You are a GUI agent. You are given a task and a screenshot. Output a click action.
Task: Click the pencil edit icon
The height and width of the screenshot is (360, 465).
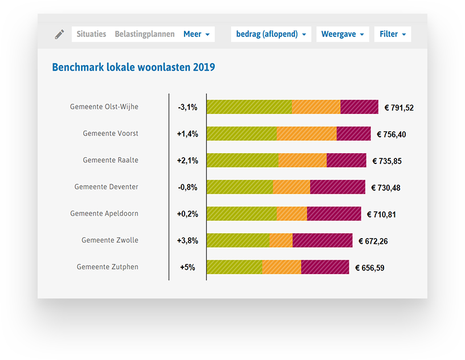[x=59, y=34]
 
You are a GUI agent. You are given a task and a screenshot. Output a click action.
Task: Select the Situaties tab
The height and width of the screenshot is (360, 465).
[x=91, y=34]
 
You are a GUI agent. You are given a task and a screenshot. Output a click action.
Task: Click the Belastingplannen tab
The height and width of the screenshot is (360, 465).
[x=145, y=34]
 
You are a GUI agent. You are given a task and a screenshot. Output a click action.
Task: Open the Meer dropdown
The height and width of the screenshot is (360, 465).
[x=196, y=34]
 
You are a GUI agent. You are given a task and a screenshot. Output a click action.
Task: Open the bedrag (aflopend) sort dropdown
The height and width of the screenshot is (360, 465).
[x=271, y=34]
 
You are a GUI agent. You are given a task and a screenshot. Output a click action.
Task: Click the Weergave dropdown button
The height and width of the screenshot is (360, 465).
[x=342, y=34]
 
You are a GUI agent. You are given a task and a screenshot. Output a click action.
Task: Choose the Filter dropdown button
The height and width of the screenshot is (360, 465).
[x=393, y=34]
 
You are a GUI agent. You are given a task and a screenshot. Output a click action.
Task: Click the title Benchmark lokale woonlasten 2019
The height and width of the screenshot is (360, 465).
[x=133, y=67]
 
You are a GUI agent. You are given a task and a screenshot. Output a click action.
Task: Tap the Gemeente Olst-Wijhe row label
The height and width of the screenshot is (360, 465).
[x=104, y=107]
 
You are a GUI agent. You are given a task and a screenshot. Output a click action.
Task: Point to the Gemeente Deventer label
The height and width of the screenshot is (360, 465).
[x=107, y=187]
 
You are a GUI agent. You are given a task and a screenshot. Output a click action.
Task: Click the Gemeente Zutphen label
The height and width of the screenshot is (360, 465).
[x=108, y=267]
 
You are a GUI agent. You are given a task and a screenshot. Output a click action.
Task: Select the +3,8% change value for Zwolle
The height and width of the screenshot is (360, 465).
[x=187, y=240]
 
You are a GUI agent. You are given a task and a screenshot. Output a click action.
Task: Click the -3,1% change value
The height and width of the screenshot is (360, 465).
[x=187, y=107]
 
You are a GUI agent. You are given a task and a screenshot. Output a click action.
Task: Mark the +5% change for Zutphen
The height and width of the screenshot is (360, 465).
[x=187, y=267]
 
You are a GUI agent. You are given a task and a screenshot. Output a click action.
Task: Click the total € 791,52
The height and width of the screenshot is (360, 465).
[x=399, y=108]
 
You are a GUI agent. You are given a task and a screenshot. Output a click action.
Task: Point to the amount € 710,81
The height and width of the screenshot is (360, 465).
[x=381, y=214]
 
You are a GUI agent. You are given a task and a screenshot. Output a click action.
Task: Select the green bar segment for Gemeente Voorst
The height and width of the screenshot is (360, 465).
[x=241, y=134]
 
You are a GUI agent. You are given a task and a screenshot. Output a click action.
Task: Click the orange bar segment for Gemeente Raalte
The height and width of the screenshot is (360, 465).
[x=303, y=160]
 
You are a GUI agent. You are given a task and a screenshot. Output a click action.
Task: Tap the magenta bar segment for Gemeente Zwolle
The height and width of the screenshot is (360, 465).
[x=322, y=240]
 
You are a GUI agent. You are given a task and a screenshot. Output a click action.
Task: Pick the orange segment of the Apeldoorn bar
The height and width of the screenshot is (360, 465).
[x=292, y=214]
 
